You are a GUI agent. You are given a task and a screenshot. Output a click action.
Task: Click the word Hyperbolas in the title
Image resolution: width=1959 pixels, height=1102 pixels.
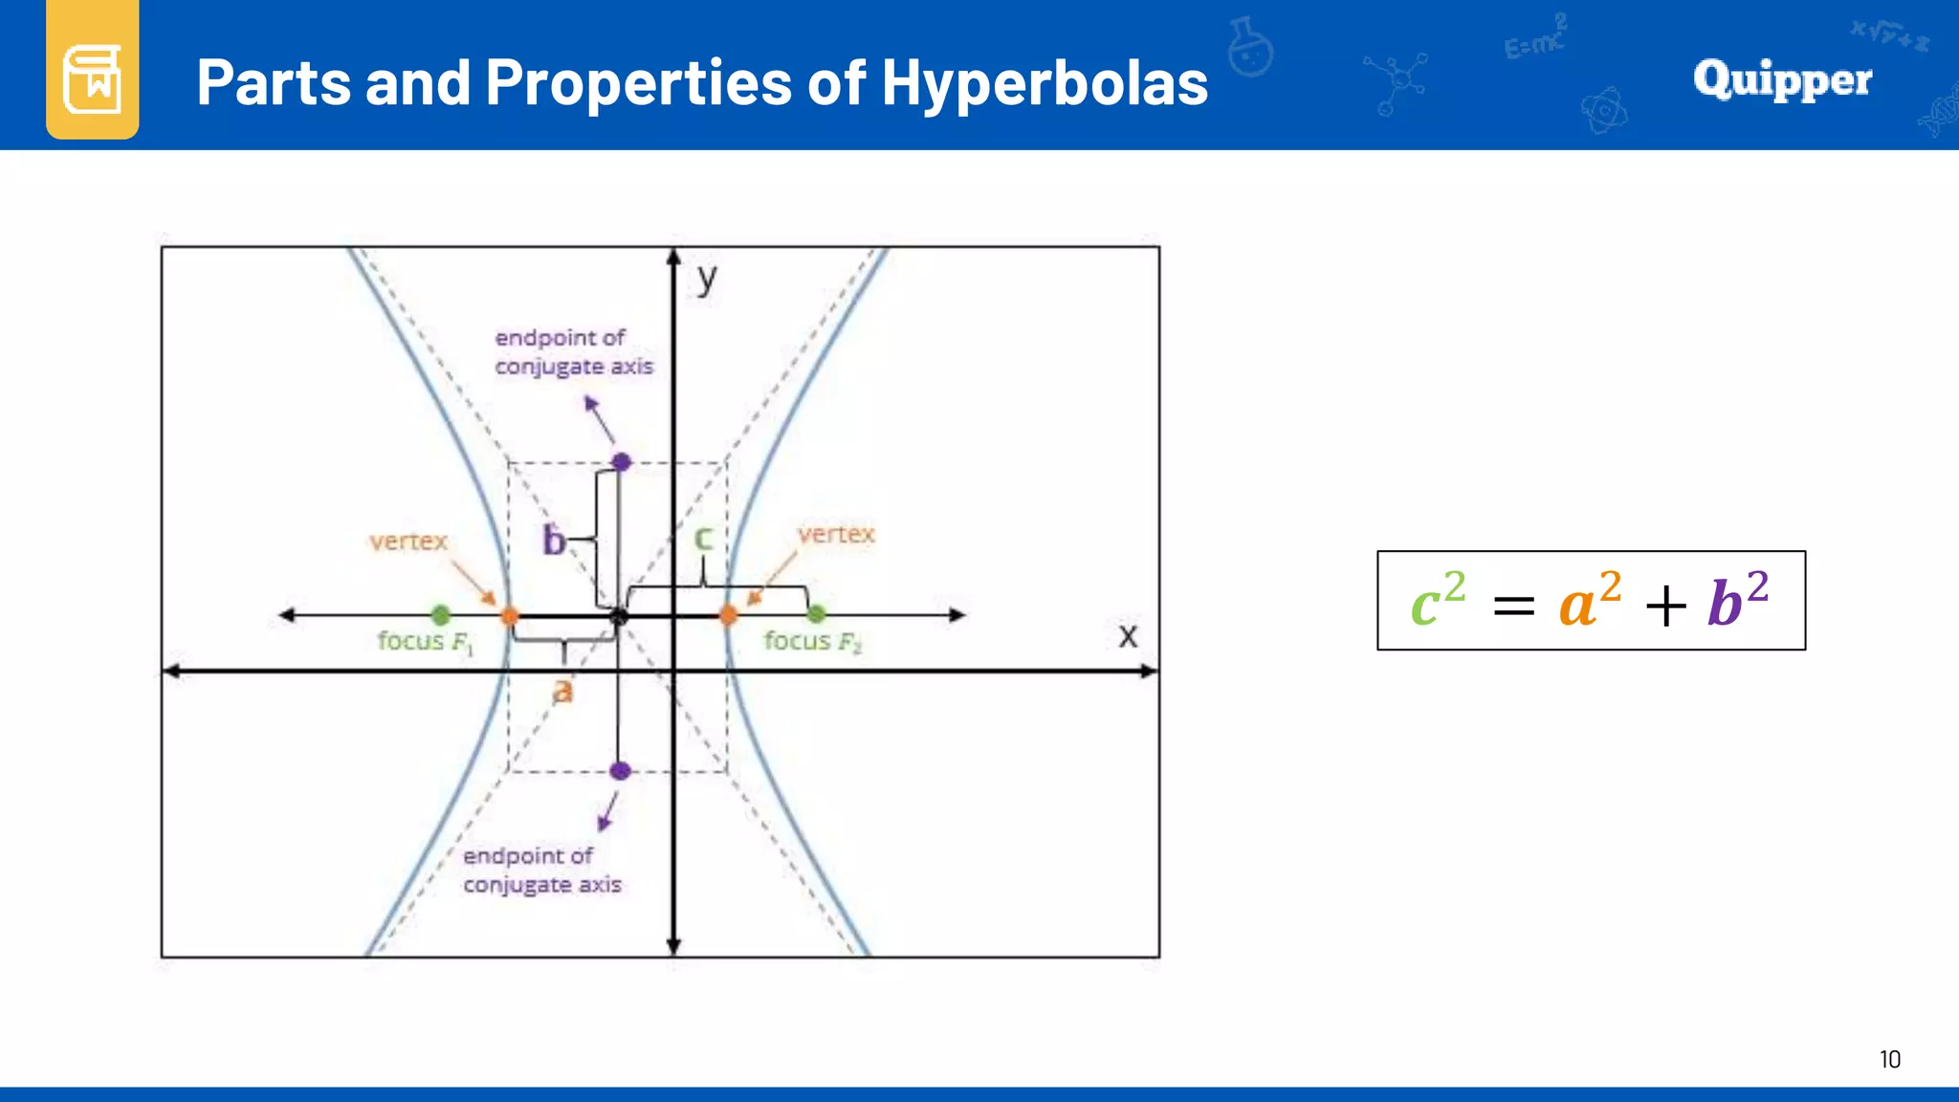[1044, 82]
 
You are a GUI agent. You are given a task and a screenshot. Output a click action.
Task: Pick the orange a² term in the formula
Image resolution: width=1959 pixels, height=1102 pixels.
[1589, 601]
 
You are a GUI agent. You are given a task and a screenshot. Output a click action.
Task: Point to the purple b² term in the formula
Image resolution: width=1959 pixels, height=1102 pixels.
[1737, 601]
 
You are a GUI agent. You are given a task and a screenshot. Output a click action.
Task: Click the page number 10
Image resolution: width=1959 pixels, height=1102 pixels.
[1889, 1059]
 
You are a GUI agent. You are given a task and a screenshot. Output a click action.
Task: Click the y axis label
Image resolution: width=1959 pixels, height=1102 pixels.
[707, 278]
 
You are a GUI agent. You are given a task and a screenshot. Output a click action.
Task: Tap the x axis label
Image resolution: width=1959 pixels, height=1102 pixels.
[1128, 635]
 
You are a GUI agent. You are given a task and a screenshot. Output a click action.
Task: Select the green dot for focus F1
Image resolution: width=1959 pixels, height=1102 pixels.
[440, 614]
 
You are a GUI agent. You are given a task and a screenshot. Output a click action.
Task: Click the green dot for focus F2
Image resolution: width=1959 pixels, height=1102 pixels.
[816, 614]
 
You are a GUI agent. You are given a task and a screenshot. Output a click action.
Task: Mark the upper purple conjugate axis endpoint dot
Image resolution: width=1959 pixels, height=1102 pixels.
[622, 462]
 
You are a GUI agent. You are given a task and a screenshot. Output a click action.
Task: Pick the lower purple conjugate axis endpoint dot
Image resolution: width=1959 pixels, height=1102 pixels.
[620, 770]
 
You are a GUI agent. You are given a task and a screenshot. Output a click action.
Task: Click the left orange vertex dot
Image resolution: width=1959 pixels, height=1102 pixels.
[510, 615]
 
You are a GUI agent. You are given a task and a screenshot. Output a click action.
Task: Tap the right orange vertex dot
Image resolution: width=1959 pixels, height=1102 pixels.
[728, 615]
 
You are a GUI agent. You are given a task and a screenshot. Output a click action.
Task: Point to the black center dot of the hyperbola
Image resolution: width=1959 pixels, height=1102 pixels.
[620, 616]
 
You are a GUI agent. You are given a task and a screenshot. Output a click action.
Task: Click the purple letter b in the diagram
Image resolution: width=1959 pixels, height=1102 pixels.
[553, 540]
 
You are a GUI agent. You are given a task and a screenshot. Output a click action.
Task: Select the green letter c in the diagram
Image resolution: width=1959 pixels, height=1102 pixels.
[703, 538]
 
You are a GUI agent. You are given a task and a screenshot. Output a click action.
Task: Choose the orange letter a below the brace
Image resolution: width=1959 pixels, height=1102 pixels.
[562, 690]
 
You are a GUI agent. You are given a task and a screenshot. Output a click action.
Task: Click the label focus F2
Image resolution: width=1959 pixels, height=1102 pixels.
[812, 641]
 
